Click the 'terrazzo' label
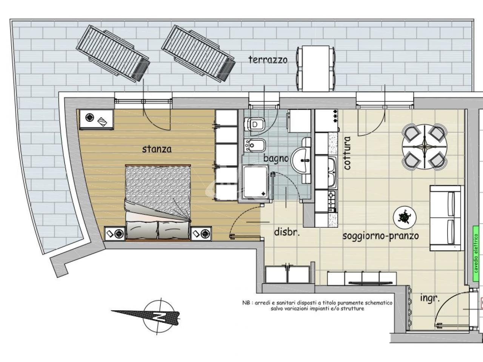(x=268, y=60)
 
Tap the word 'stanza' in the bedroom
(x=157, y=149)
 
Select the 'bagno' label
(x=276, y=158)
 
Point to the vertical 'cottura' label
(x=347, y=153)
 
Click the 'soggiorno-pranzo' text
(x=381, y=236)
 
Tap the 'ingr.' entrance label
(x=430, y=299)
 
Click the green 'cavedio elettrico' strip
(x=476, y=254)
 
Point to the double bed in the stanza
(x=158, y=202)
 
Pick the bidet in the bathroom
(x=255, y=145)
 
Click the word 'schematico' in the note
(x=378, y=303)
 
